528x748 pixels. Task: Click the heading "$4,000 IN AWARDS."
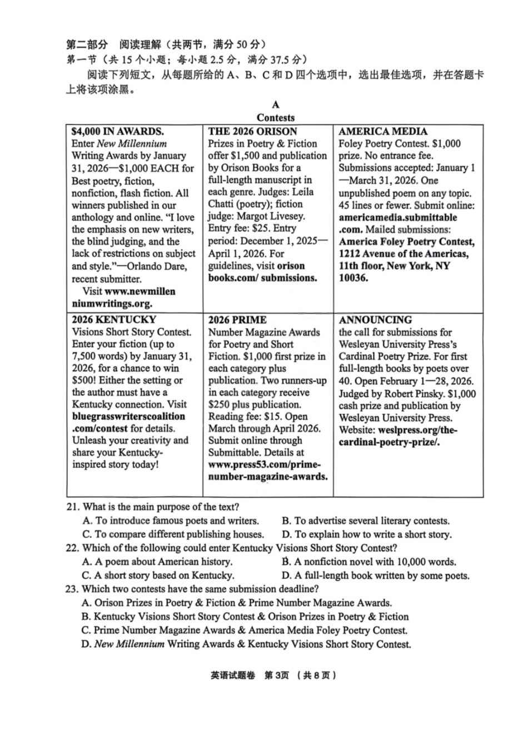point(117,132)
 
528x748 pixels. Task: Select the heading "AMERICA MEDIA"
point(383,132)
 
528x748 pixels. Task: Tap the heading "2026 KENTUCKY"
point(114,320)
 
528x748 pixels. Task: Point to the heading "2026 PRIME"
point(237,320)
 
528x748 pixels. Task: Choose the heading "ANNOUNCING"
point(375,320)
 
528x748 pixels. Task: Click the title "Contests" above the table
point(276,118)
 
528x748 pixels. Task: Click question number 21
point(73,507)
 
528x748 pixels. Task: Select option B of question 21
point(365,521)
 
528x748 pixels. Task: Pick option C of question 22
point(158,576)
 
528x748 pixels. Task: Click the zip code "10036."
point(353,278)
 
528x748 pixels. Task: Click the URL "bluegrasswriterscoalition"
point(128,417)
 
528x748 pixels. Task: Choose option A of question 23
point(236,603)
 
